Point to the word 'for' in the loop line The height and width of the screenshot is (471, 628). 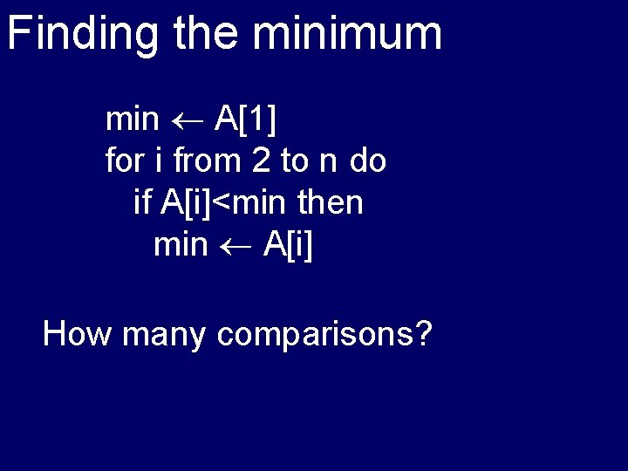point(123,161)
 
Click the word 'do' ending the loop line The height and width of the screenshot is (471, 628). point(368,161)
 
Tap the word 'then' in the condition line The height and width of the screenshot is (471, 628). point(330,203)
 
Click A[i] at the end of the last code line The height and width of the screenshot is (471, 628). point(287,245)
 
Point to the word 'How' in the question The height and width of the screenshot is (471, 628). point(78,333)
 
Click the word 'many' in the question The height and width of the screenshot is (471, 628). point(165,335)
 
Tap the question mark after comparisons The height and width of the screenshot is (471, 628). point(425,333)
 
